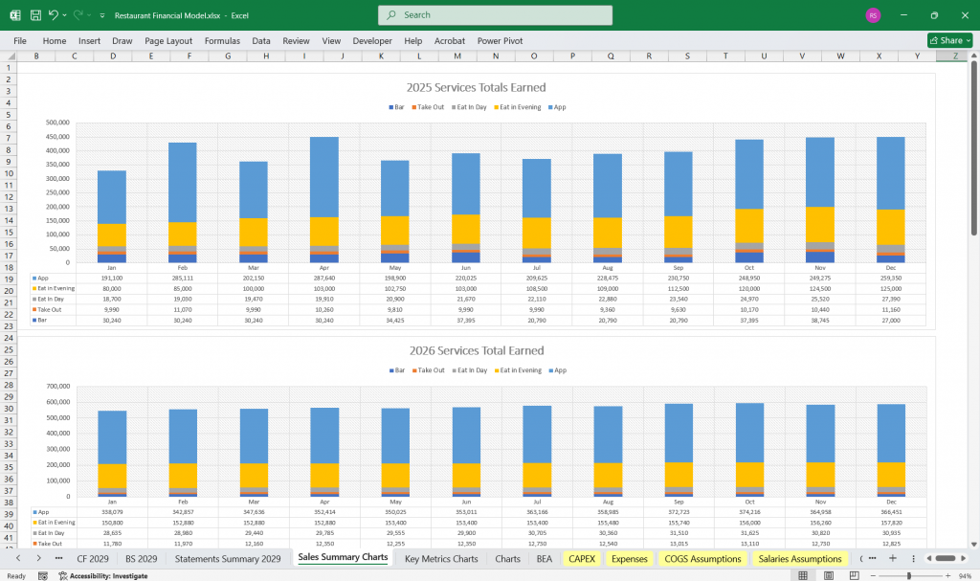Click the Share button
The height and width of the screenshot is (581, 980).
pyautogui.click(x=949, y=41)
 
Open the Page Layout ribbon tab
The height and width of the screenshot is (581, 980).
pyautogui.click(x=168, y=41)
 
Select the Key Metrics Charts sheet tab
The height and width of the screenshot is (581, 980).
pyautogui.click(x=440, y=558)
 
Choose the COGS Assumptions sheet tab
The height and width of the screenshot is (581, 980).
pyautogui.click(x=702, y=558)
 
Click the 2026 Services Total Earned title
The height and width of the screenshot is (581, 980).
pyautogui.click(x=476, y=350)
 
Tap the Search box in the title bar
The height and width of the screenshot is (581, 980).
pyautogui.click(x=495, y=15)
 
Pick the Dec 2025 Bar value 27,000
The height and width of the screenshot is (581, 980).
pyautogui.click(x=891, y=321)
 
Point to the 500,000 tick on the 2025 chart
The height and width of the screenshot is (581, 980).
pyautogui.click(x=58, y=123)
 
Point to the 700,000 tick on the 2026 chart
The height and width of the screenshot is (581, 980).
pyautogui.click(x=58, y=386)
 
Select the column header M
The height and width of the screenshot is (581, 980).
pyautogui.click(x=457, y=56)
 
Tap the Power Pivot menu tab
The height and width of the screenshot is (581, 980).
pyautogui.click(x=500, y=41)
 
